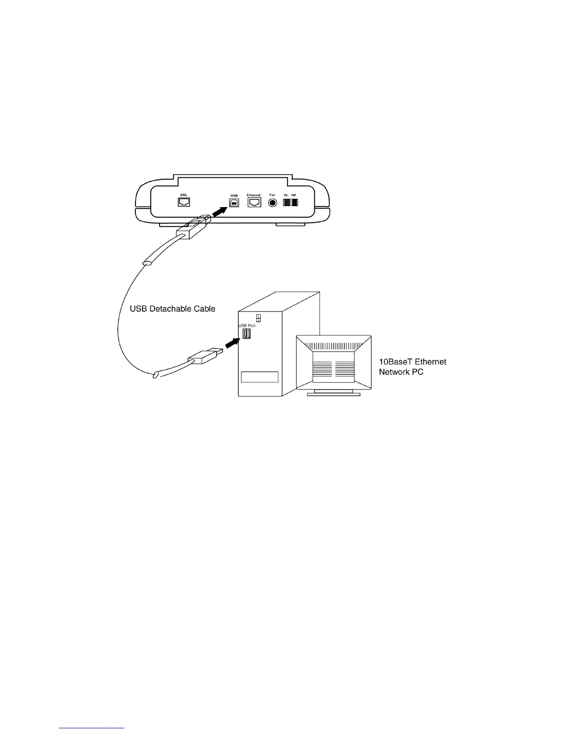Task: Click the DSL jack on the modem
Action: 184,202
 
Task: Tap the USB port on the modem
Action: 234,202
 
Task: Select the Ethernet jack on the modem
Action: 254,202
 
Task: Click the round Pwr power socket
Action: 273,202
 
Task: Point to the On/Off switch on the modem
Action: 290,202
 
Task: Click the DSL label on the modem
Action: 184,195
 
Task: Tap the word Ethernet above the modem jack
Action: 254,195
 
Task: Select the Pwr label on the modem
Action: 272,195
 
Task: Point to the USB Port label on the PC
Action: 246,326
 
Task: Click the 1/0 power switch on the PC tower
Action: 258,317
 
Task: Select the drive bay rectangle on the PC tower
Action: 259,377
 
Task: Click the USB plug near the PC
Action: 205,355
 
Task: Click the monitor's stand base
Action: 334,394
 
